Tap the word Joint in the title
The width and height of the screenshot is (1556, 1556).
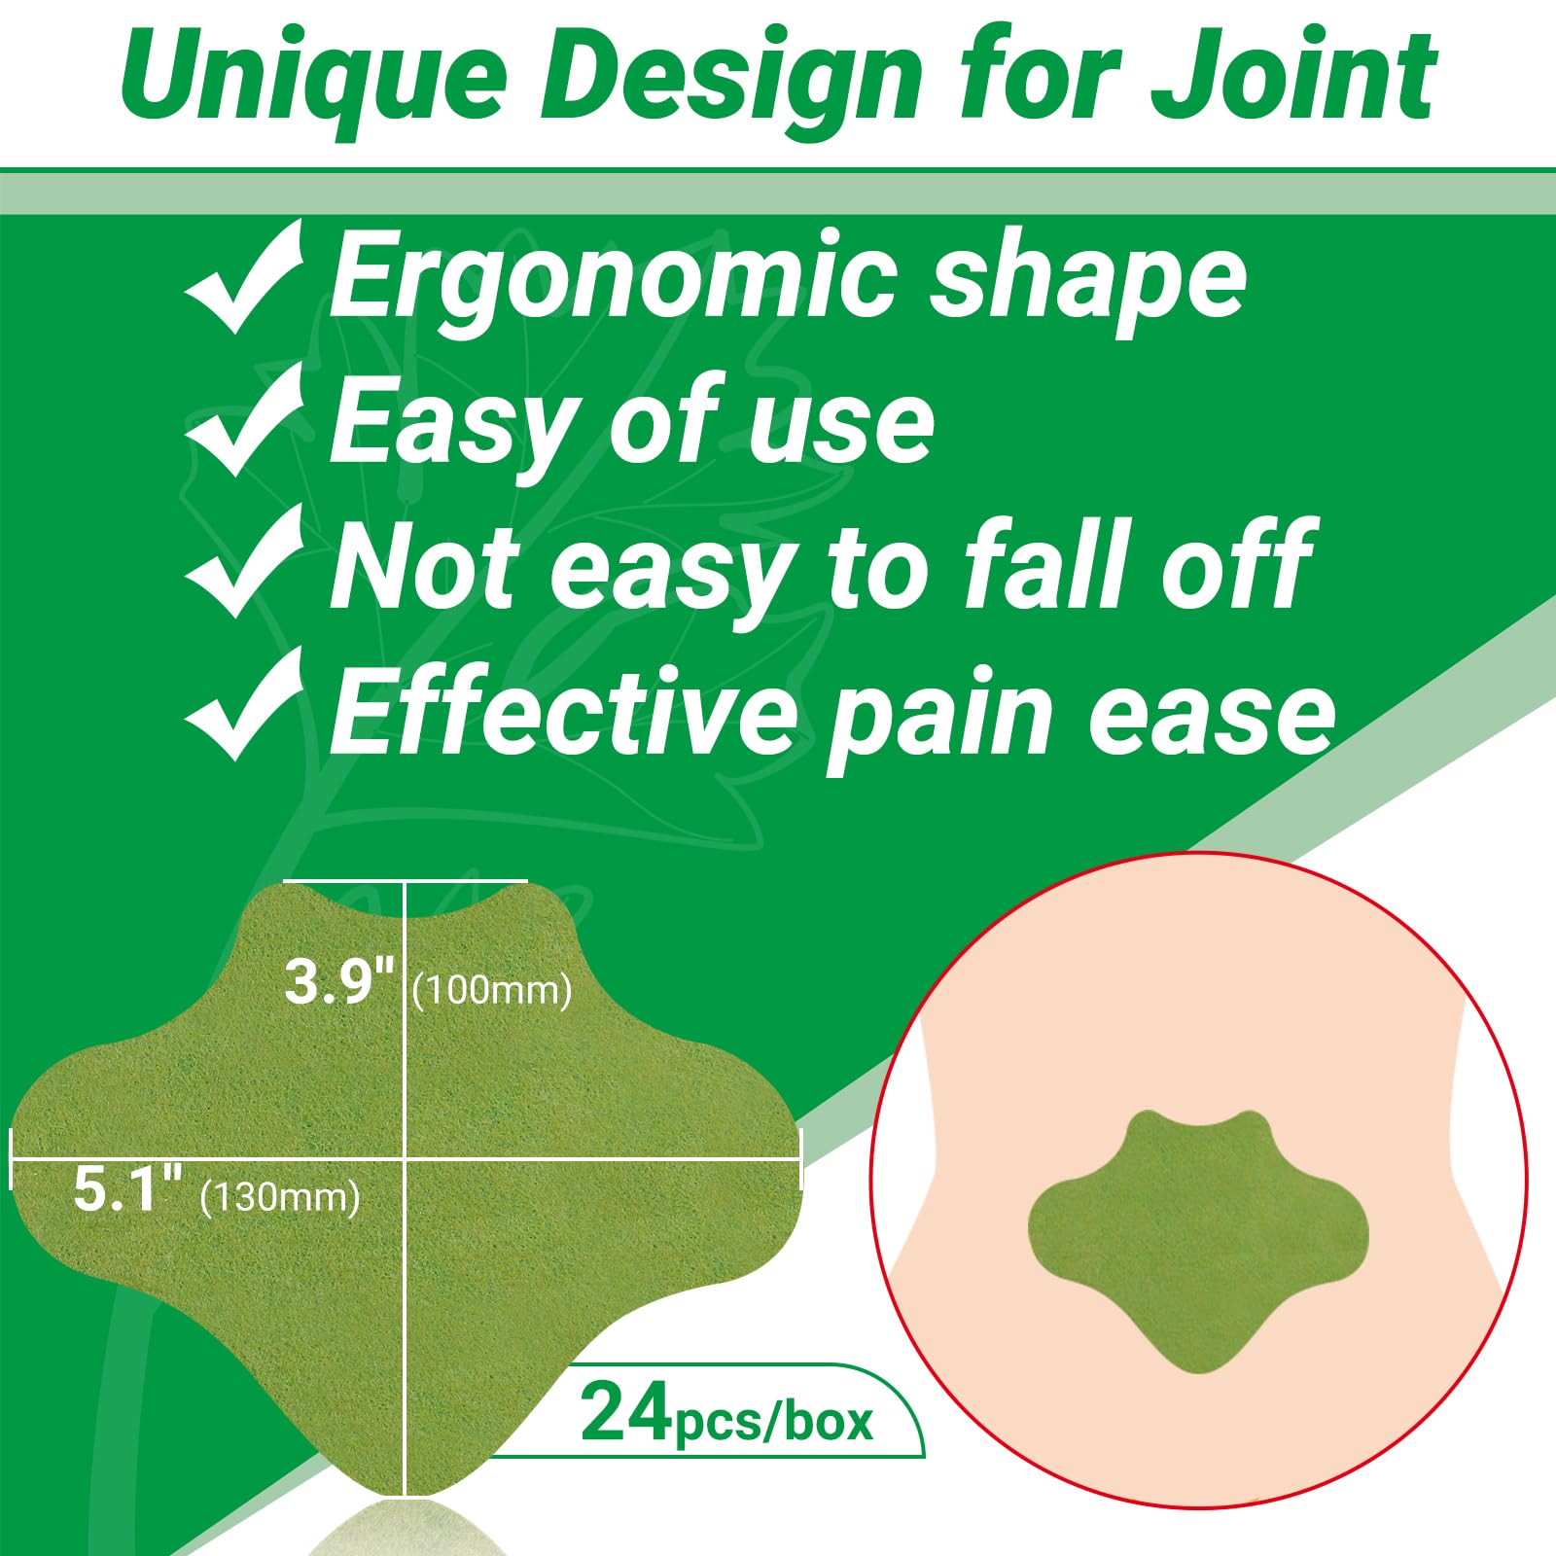tap(1293, 76)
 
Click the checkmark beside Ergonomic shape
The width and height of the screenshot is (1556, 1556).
tap(243, 276)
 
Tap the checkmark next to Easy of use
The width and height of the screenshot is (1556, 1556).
tap(243, 420)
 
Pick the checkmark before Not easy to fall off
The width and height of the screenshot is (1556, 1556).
tap(243, 562)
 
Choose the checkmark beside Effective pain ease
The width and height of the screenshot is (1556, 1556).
tap(243, 704)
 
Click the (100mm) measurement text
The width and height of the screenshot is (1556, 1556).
tap(492, 991)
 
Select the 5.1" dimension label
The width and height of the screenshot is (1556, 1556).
tap(128, 1188)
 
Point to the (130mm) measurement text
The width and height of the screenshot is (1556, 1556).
tap(280, 1197)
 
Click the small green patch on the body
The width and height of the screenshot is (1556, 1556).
tap(1198, 1240)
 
